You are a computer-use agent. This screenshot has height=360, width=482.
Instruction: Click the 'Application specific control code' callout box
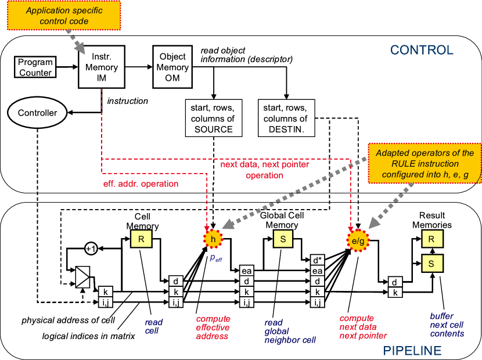[64, 16]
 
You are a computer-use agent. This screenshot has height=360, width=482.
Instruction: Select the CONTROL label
[422, 50]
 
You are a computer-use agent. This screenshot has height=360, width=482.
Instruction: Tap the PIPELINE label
[412, 351]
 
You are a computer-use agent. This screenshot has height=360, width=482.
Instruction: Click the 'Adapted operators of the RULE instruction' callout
[425, 164]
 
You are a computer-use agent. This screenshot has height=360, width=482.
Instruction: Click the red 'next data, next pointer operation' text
[264, 170]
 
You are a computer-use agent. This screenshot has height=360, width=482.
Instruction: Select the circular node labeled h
[213, 239]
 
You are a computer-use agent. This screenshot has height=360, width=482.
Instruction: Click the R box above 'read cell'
[141, 239]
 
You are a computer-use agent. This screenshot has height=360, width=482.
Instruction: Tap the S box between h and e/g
[283, 239]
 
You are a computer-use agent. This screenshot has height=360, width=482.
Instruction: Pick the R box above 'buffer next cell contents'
[431, 239]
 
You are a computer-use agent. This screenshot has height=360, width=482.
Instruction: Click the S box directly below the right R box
[431, 264]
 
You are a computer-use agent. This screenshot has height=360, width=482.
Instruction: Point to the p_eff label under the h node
[215, 258]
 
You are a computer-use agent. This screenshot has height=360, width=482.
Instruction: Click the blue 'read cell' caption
[154, 326]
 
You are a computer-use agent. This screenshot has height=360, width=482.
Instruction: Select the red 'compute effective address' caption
[213, 327]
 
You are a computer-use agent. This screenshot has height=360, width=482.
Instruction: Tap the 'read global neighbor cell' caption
[290, 331]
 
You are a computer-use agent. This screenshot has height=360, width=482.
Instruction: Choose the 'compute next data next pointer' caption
[363, 327]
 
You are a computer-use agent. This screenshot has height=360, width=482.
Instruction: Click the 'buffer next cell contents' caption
[447, 325]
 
